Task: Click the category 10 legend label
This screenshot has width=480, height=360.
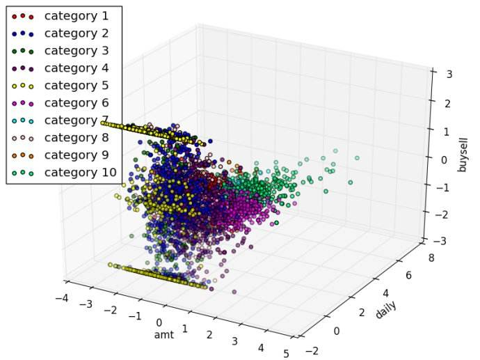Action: point(77,172)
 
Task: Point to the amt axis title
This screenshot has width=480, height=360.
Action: point(164,336)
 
